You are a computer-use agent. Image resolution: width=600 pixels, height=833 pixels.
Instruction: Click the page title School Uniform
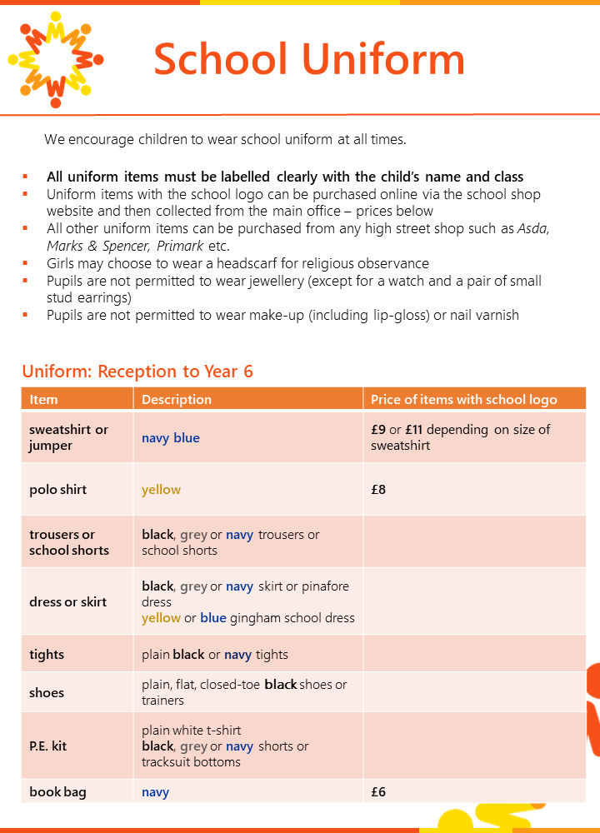click(x=309, y=59)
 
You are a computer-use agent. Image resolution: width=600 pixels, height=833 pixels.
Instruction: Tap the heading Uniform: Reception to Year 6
click(x=137, y=372)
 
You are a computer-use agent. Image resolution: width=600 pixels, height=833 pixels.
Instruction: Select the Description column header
click(x=177, y=400)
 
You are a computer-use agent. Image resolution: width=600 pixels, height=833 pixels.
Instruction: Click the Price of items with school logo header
click(x=464, y=400)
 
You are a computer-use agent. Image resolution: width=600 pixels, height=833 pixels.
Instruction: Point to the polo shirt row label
click(x=58, y=490)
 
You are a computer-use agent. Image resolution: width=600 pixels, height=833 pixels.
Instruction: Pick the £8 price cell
click(x=378, y=490)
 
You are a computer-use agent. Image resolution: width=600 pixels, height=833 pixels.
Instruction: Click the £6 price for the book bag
click(x=378, y=792)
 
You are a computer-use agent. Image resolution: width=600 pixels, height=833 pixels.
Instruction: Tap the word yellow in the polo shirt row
click(x=161, y=490)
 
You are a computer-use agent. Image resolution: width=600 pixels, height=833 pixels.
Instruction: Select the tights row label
click(x=47, y=655)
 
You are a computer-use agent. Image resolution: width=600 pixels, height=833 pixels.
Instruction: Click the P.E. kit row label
click(x=47, y=746)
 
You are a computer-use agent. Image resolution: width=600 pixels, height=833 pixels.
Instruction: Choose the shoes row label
click(x=47, y=693)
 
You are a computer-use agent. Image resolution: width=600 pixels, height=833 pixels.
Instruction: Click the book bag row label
click(x=57, y=792)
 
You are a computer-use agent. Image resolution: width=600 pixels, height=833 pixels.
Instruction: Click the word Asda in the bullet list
click(x=534, y=229)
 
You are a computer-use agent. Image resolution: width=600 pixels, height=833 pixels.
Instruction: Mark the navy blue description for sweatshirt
click(x=171, y=438)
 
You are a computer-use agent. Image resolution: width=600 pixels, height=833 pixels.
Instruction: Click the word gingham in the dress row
click(x=255, y=618)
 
